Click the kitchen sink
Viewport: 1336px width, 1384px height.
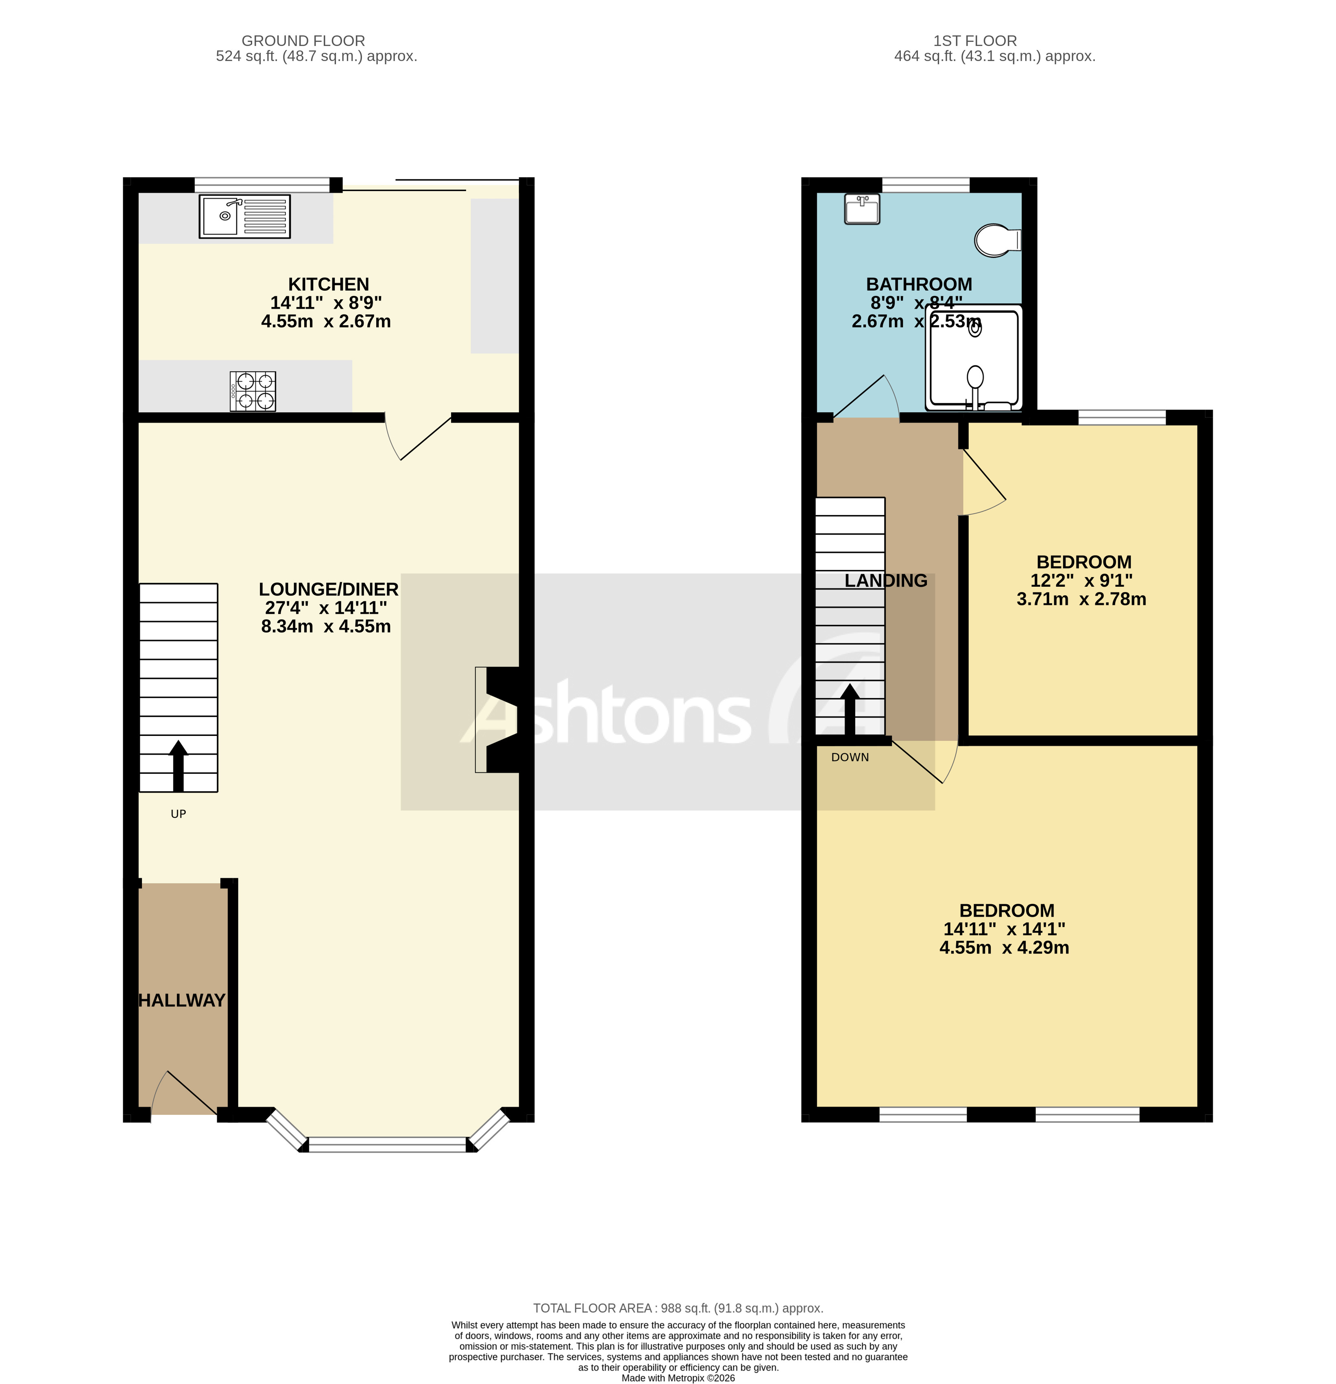[x=244, y=216]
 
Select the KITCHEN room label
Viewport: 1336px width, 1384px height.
[x=329, y=284]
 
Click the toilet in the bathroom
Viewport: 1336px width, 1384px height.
[x=996, y=240]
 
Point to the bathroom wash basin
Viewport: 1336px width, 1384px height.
[x=862, y=209]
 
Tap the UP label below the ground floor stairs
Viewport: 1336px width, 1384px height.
[x=178, y=814]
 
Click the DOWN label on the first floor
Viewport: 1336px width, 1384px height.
[x=850, y=757]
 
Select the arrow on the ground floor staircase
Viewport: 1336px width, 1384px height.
[x=178, y=766]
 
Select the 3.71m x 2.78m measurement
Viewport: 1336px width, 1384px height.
[x=1081, y=599]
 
